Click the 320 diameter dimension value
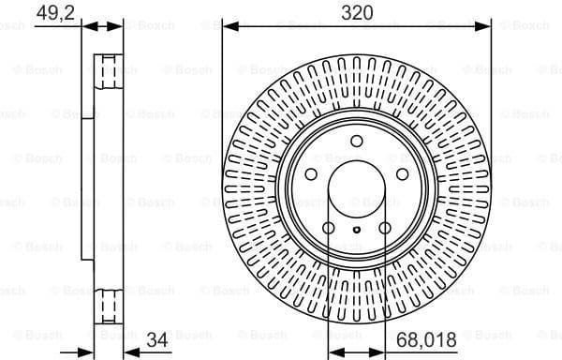click(x=356, y=12)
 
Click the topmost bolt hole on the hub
click(x=356, y=142)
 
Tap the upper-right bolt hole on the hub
click(x=402, y=174)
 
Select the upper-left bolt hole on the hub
click(x=311, y=174)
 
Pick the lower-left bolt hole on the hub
click(x=328, y=228)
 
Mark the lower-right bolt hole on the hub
click(x=384, y=228)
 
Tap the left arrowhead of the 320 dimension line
click(x=227, y=25)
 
